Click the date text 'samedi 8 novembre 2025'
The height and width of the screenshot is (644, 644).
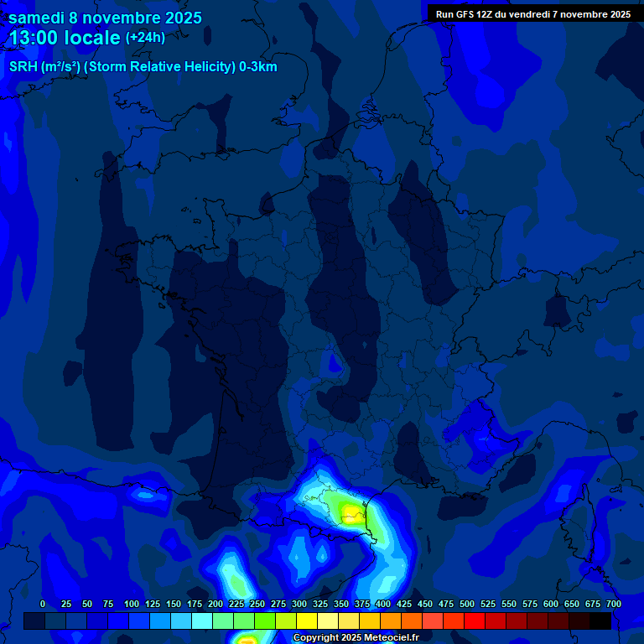105,18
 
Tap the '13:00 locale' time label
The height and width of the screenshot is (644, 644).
65,38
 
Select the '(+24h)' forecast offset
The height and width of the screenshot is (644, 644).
145,38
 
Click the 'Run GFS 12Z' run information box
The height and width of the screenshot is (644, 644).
532,14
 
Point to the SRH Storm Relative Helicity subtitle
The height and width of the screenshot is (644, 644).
143,67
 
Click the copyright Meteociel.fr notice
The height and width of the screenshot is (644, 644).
356,638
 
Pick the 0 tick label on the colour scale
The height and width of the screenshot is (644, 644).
43,605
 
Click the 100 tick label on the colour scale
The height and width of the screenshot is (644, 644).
132,605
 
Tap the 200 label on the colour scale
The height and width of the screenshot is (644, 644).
216,605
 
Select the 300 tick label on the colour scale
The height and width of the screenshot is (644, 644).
299,605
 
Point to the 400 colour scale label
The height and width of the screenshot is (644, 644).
383,605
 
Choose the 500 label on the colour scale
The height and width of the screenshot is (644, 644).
467,605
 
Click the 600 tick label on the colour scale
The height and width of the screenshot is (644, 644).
551,605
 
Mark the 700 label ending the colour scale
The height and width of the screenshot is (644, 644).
613,605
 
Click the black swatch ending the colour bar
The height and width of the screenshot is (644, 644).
600,621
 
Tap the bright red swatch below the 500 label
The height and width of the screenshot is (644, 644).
475,621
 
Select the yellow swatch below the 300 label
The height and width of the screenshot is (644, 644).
307,621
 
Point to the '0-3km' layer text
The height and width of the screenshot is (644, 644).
257,67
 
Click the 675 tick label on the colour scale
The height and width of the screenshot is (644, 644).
593,605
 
